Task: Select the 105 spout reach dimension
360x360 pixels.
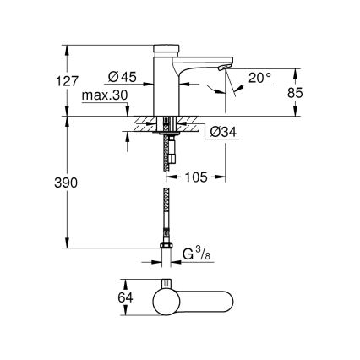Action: point(197,177)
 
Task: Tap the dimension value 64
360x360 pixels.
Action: point(102,297)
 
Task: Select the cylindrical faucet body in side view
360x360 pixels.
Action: point(166,85)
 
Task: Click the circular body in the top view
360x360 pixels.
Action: point(166,302)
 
